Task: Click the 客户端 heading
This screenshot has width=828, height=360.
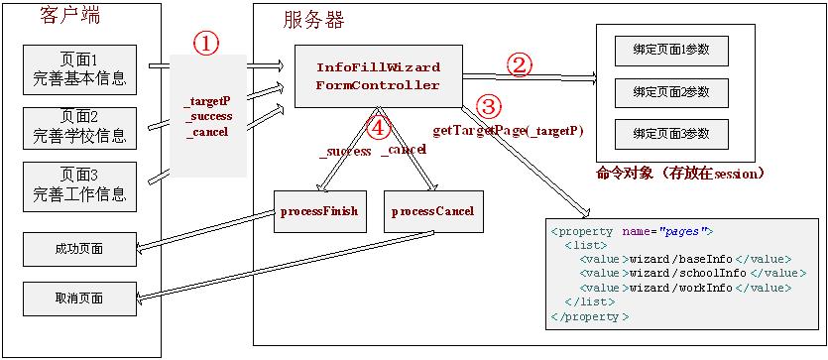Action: pyautogui.click(x=69, y=15)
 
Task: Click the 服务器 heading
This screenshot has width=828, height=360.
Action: pyautogui.click(x=313, y=19)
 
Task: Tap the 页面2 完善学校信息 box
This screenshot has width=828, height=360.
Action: pyautogui.click(x=78, y=127)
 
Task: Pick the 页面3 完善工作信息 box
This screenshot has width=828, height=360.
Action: pyautogui.click(x=78, y=186)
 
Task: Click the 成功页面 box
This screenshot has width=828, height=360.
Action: pyautogui.click(x=78, y=248)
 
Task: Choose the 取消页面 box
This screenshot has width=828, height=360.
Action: pyautogui.click(x=78, y=297)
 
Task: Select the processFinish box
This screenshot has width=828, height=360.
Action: pyautogui.click(x=315, y=211)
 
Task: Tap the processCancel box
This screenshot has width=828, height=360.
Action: pyautogui.click(x=432, y=211)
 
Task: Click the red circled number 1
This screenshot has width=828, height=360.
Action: pyautogui.click(x=205, y=45)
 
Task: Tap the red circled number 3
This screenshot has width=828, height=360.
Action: pyautogui.click(x=488, y=105)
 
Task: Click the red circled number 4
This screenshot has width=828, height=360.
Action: pyautogui.click(x=378, y=127)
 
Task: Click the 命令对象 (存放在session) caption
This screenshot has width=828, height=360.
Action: pyautogui.click(x=680, y=173)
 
